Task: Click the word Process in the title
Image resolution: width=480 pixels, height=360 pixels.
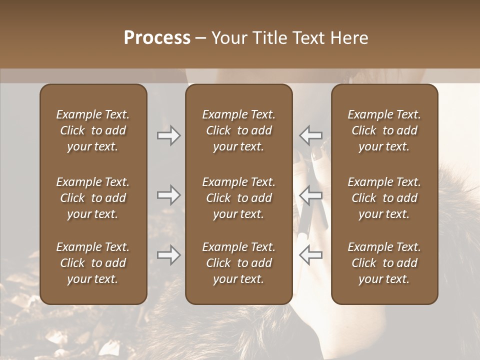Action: (157, 38)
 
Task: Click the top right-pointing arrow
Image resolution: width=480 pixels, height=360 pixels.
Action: (168, 135)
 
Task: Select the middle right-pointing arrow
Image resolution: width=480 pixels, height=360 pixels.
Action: (168, 195)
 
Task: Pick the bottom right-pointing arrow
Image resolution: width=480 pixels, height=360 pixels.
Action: (168, 255)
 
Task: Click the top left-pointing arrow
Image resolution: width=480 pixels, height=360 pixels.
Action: (311, 135)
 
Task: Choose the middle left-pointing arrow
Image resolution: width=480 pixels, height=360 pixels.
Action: (311, 195)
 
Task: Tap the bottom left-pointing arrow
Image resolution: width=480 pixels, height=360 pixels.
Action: (311, 255)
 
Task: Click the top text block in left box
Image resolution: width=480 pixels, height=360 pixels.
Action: (93, 130)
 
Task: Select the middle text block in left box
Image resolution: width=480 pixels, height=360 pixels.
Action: (93, 198)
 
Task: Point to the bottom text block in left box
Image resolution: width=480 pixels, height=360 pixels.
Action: (93, 263)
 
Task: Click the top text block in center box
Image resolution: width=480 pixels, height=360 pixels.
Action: (238, 130)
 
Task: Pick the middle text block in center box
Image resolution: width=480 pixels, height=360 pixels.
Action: (238, 198)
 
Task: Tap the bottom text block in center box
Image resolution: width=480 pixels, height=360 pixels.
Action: (238, 263)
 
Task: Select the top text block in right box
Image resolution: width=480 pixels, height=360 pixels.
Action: (384, 130)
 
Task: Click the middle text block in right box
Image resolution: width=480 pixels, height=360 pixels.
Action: (384, 198)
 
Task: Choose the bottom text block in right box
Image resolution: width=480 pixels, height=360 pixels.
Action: (384, 263)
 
